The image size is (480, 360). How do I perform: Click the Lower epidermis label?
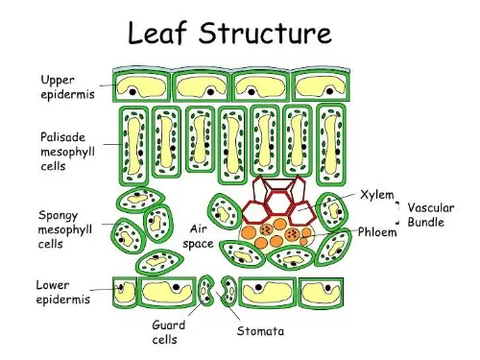point(63,292)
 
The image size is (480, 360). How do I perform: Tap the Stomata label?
point(260,332)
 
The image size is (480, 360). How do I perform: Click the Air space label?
point(198,236)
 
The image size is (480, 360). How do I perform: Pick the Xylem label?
point(378,195)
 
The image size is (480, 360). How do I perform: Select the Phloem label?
point(377,231)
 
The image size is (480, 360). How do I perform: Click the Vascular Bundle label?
point(431,214)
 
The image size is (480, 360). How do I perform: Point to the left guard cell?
point(208,293)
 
